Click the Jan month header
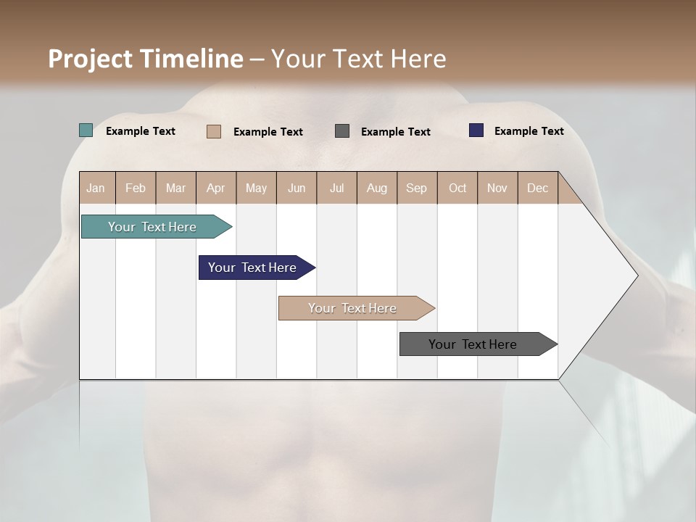(x=96, y=188)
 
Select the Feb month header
(x=136, y=188)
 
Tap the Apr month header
(x=216, y=188)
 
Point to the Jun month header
(x=297, y=188)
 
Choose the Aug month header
(x=377, y=188)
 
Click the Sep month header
(x=417, y=188)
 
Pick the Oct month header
(x=457, y=188)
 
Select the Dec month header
(x=538, y=188)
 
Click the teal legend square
(x=86, y=130)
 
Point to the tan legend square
(x=214, y=131)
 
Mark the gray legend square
(x=342, y=130)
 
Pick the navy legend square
(x=476, y=130)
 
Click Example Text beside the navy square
(x=529, y=131)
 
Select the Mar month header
(x=176, y=188)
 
